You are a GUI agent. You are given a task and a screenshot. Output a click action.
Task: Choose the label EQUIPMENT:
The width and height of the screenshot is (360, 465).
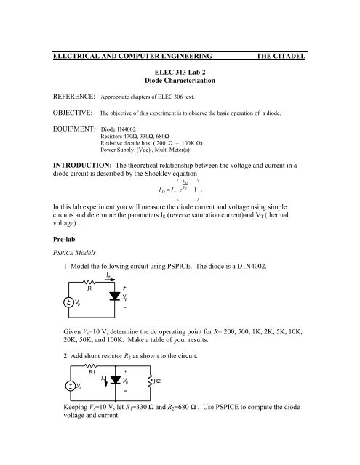(x=71, y=151)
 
